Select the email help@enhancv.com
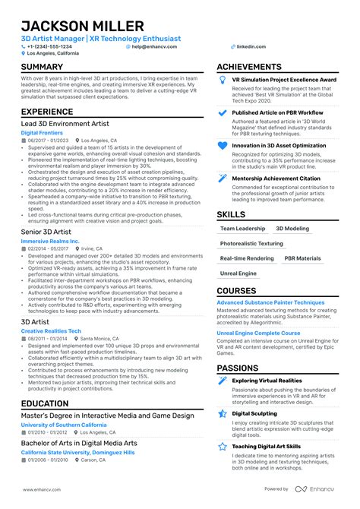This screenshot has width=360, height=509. click(154, 46)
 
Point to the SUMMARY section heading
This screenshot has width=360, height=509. click(43, 67)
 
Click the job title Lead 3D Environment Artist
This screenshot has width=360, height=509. click(65, 123)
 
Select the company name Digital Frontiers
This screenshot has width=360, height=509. click(44, 132)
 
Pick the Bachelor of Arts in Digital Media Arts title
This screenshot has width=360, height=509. click(79, 442)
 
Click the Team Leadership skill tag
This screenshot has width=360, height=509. click(242, 228)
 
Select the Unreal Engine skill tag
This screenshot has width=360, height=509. click(238, 273)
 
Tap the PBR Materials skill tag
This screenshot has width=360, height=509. click(302, 258)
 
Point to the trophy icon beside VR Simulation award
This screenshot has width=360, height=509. click(223, 80)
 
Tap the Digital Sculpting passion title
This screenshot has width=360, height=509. click(254, 413)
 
